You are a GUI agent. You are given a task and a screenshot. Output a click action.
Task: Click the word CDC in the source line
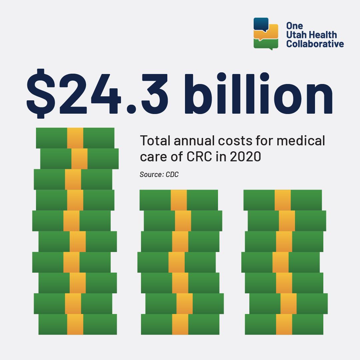172,174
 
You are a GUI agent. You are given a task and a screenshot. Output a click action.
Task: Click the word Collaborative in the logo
315,44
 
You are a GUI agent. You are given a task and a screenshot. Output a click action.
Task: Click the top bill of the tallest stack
75,138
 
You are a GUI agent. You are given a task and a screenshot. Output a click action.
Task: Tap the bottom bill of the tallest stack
78,324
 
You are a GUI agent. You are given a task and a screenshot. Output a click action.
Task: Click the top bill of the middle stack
179,200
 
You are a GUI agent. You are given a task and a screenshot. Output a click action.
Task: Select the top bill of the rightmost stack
283,200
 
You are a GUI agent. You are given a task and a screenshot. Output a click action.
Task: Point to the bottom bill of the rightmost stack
284,324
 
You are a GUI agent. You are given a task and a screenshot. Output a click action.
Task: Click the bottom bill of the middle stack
180,324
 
